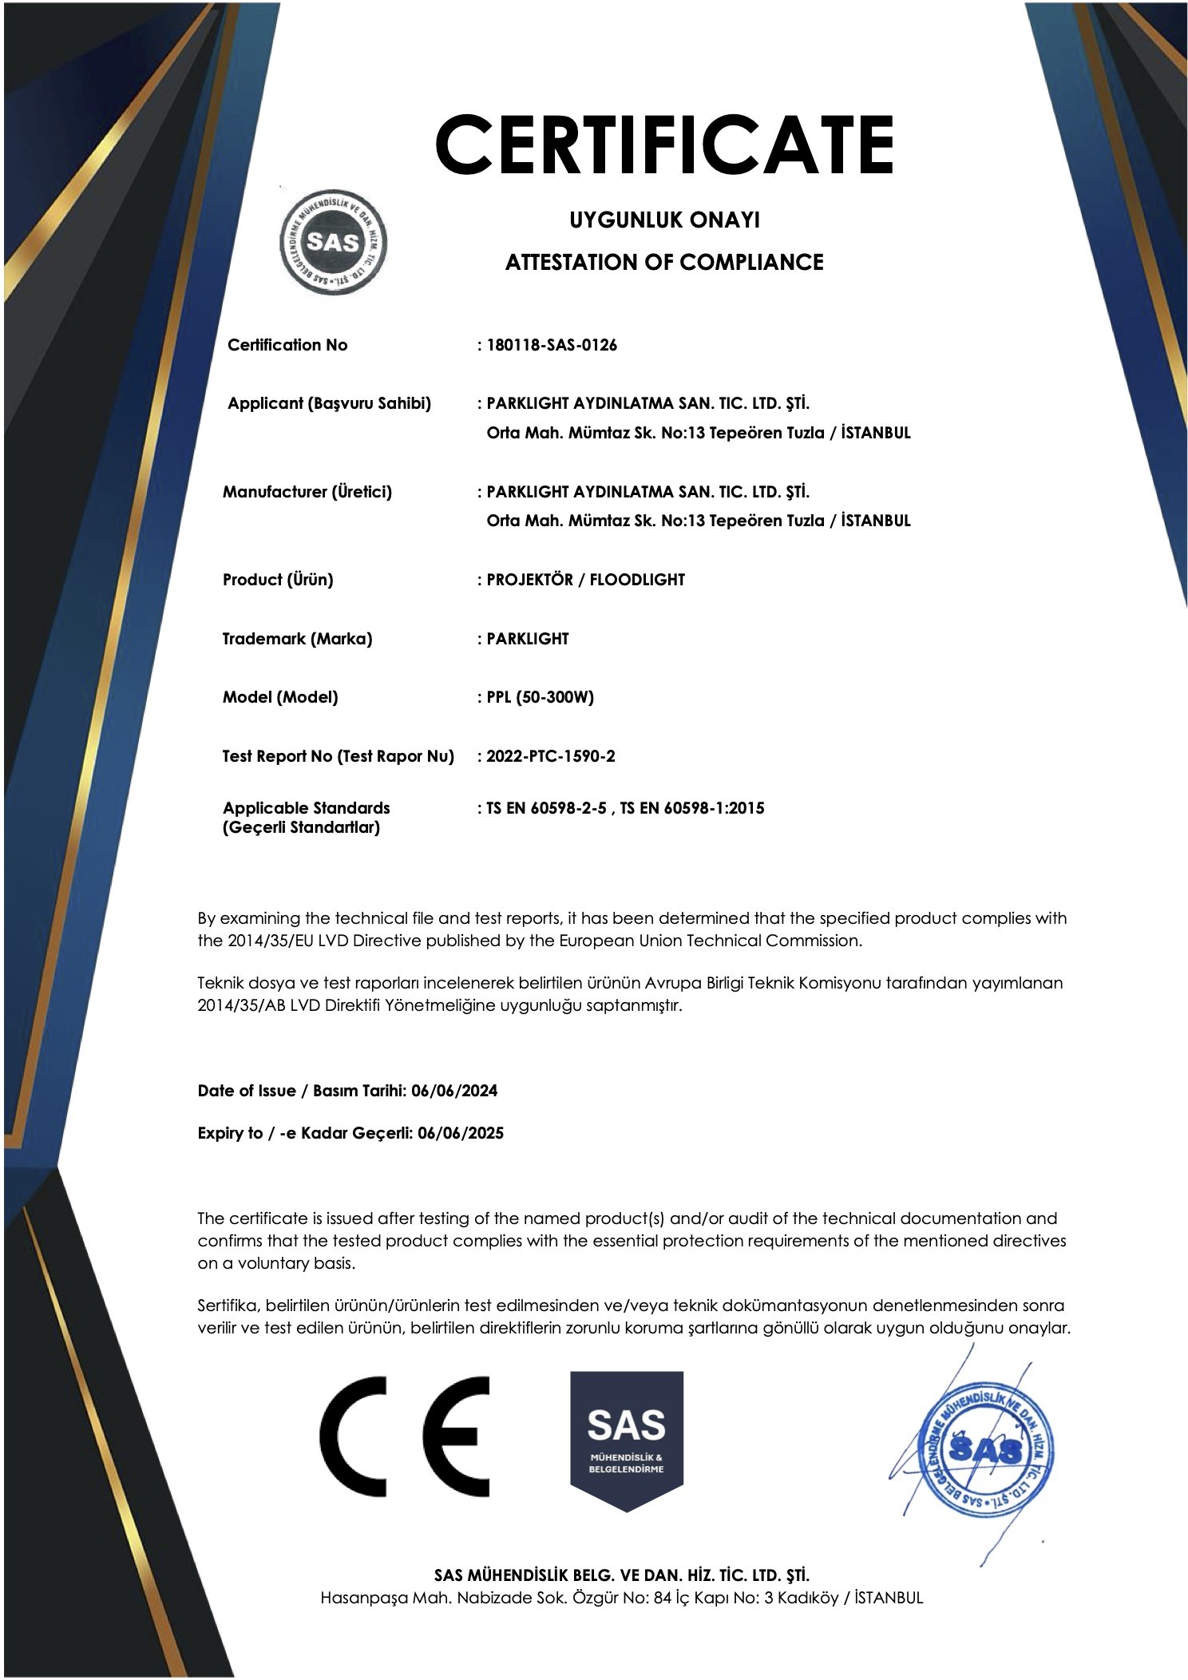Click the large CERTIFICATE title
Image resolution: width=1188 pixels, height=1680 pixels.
click(x=663, y=145)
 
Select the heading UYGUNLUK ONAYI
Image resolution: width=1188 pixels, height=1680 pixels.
click(x=663, y=220)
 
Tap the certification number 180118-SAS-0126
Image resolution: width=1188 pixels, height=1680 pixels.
click(x=552, y=345)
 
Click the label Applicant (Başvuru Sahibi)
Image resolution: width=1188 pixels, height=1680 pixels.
click(x=329, y=403)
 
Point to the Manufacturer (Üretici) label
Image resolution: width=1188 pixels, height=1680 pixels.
click(x=307, y=492)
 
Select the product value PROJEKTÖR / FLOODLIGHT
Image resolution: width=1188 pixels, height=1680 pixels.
click(x=585, y=580)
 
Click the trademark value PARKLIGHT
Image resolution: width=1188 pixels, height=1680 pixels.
click(x=528, y=639)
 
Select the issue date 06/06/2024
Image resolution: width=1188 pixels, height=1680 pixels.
click(x=454, y=1091)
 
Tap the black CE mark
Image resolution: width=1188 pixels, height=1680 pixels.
click(x=404, y=1439)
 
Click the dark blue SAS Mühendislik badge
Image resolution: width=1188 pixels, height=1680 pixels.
click(x=627, y=1437)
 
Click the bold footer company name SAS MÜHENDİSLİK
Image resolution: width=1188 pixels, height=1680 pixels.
click(x=621, y=1575)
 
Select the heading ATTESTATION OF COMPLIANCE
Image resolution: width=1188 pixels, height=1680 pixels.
click(x=663, y=262)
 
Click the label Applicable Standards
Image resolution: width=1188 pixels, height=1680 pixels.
click(x=307, y=808)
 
